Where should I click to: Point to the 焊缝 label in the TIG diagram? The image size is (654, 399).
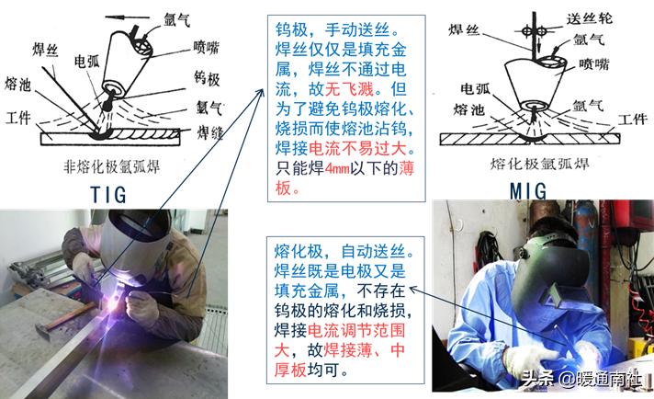(x=209, y=133)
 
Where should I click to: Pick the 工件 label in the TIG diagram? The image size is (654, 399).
(x=18, y=119)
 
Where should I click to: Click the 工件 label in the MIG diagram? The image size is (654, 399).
(x=633, y=120)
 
